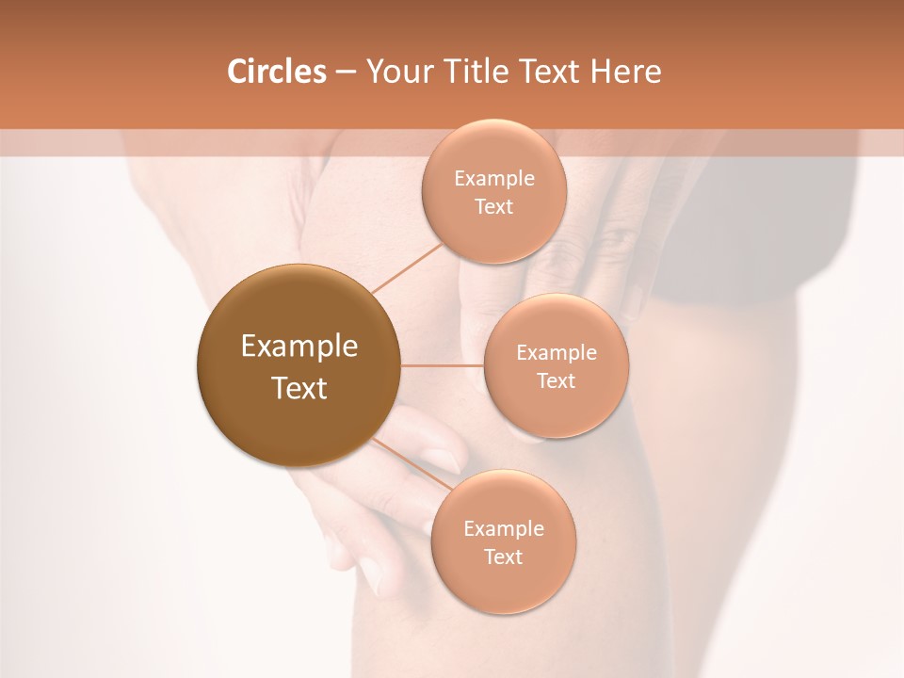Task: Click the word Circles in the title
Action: point(277,72)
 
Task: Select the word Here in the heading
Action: point(625,72)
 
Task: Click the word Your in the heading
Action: point(398,72)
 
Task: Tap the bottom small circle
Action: point(503,589)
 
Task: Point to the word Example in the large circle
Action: point(299,347)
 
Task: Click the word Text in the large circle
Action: point(299,388)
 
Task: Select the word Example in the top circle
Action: point(494,179)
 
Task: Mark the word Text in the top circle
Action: point(494,206)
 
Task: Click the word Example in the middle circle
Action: point(557,353)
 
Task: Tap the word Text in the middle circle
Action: point(557,380)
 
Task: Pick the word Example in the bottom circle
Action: point(503,529)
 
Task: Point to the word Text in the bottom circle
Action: point(503,557)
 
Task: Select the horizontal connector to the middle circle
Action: point(443,365)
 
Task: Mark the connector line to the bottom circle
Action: point(412,463)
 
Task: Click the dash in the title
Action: point(346,73)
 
